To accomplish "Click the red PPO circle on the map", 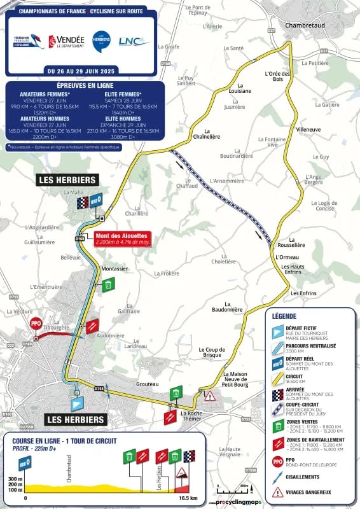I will click(x=36, y=323).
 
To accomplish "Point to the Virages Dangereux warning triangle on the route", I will click(x=209, y=395).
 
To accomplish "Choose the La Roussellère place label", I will click(x=292, y=244).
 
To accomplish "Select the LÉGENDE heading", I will click(x=284, y=316).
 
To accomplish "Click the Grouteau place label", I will click(x=147, y=384).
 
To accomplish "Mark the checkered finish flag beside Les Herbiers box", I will click(x=82, y=202).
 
